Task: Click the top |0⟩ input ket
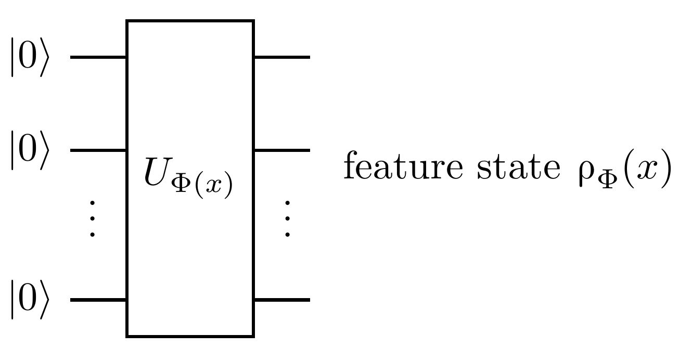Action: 30,57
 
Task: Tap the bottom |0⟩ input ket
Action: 30,300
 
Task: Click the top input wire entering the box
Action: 98,57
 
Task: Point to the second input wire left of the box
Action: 98,150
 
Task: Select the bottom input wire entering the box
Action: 98,300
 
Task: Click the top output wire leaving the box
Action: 281,57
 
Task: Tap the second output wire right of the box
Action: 281,150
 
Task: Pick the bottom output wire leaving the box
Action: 281,300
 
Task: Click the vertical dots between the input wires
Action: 92,218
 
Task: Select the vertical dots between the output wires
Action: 287,218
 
